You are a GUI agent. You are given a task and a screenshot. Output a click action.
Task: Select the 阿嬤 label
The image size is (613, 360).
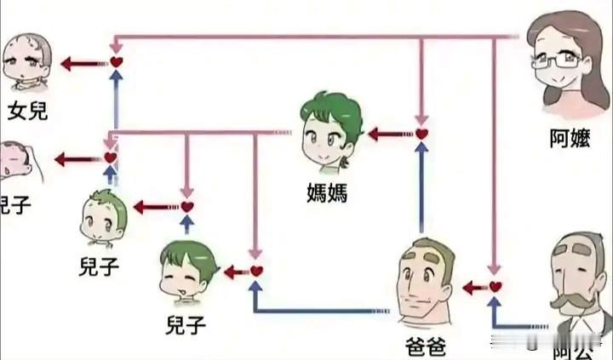(570, 139)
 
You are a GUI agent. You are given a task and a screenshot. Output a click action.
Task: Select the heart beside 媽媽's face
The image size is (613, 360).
(421, 134)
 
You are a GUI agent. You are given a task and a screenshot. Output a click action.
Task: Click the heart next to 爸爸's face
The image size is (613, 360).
(495, 287)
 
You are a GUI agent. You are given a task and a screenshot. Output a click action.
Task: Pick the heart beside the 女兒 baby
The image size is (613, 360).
(117, 62)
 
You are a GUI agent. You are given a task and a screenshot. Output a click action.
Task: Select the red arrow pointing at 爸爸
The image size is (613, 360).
(473, 288)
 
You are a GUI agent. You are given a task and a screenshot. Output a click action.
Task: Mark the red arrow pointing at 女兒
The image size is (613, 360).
(81, 62)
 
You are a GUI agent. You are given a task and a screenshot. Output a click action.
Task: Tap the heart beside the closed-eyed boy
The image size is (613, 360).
(256, 271)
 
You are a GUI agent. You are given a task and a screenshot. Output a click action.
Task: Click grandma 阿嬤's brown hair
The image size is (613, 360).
(545, 30)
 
